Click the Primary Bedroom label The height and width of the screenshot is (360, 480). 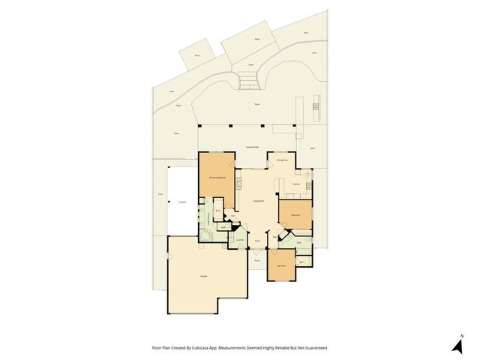[x=217, y=178]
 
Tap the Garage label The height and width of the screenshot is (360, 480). [x=203, y=277]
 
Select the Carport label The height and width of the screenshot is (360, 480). [x=182, y=201]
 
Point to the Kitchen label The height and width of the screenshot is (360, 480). [x=296, y=183]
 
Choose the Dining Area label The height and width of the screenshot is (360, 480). [x=283, y=160]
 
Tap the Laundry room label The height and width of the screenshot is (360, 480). [x=238, y=240]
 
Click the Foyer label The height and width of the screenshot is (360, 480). [x=256, y=241]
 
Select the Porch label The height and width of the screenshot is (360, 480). [x=256, y=259]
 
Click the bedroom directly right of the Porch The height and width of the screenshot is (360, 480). [x=281, y=266]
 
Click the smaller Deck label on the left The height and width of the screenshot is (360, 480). [x=197, y=55]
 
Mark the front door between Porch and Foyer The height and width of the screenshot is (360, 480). [x=256, y=250]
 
